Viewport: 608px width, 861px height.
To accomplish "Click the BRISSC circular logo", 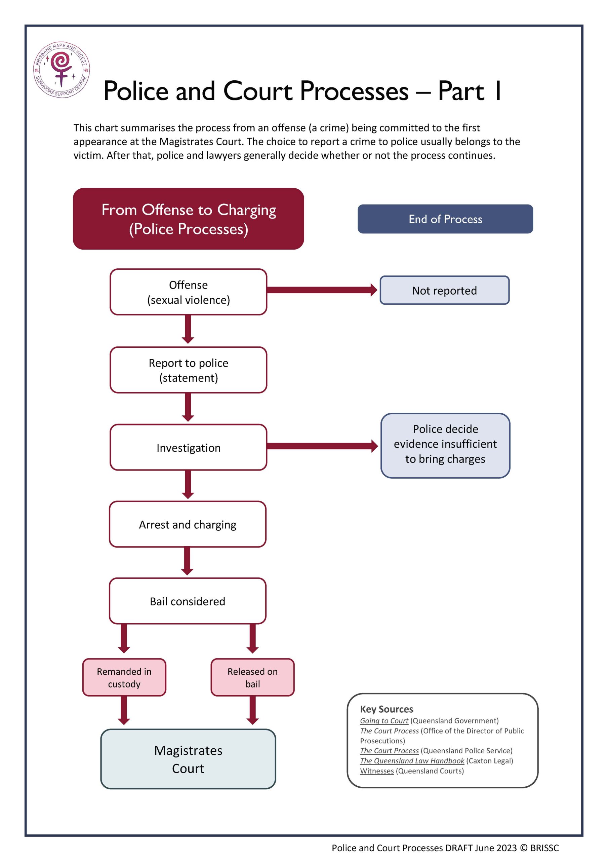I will (x=62, y=69).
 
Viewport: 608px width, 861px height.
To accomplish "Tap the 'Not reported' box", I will (x=444, y=290).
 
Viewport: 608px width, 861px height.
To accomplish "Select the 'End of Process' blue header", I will (x=445, y=219).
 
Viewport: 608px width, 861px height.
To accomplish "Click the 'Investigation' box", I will (x=188, y=447).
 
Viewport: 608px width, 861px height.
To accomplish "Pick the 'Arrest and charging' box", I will (x=188, y=524).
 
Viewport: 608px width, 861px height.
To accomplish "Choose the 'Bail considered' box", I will (x=188, y=601).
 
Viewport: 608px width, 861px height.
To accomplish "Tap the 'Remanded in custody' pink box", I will (x=124, y=678).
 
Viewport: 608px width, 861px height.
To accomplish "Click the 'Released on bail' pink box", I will (x=252, y=678).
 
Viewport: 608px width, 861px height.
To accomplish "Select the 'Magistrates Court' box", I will (x=188, y=759).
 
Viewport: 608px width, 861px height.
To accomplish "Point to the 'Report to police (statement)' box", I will (x=188, y=370).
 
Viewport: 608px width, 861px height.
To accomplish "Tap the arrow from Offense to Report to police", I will (x=188, y=329).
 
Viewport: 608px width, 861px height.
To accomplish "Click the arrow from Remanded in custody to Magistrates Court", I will (x=124, y=710).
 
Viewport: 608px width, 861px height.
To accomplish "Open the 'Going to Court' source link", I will (x=384, y=721).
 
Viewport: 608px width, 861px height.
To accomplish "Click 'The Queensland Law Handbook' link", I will (x=412, y=761).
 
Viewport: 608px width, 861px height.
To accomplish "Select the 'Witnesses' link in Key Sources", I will (x=377, y=771).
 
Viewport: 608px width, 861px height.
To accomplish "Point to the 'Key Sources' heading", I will (x=387, y=709).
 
